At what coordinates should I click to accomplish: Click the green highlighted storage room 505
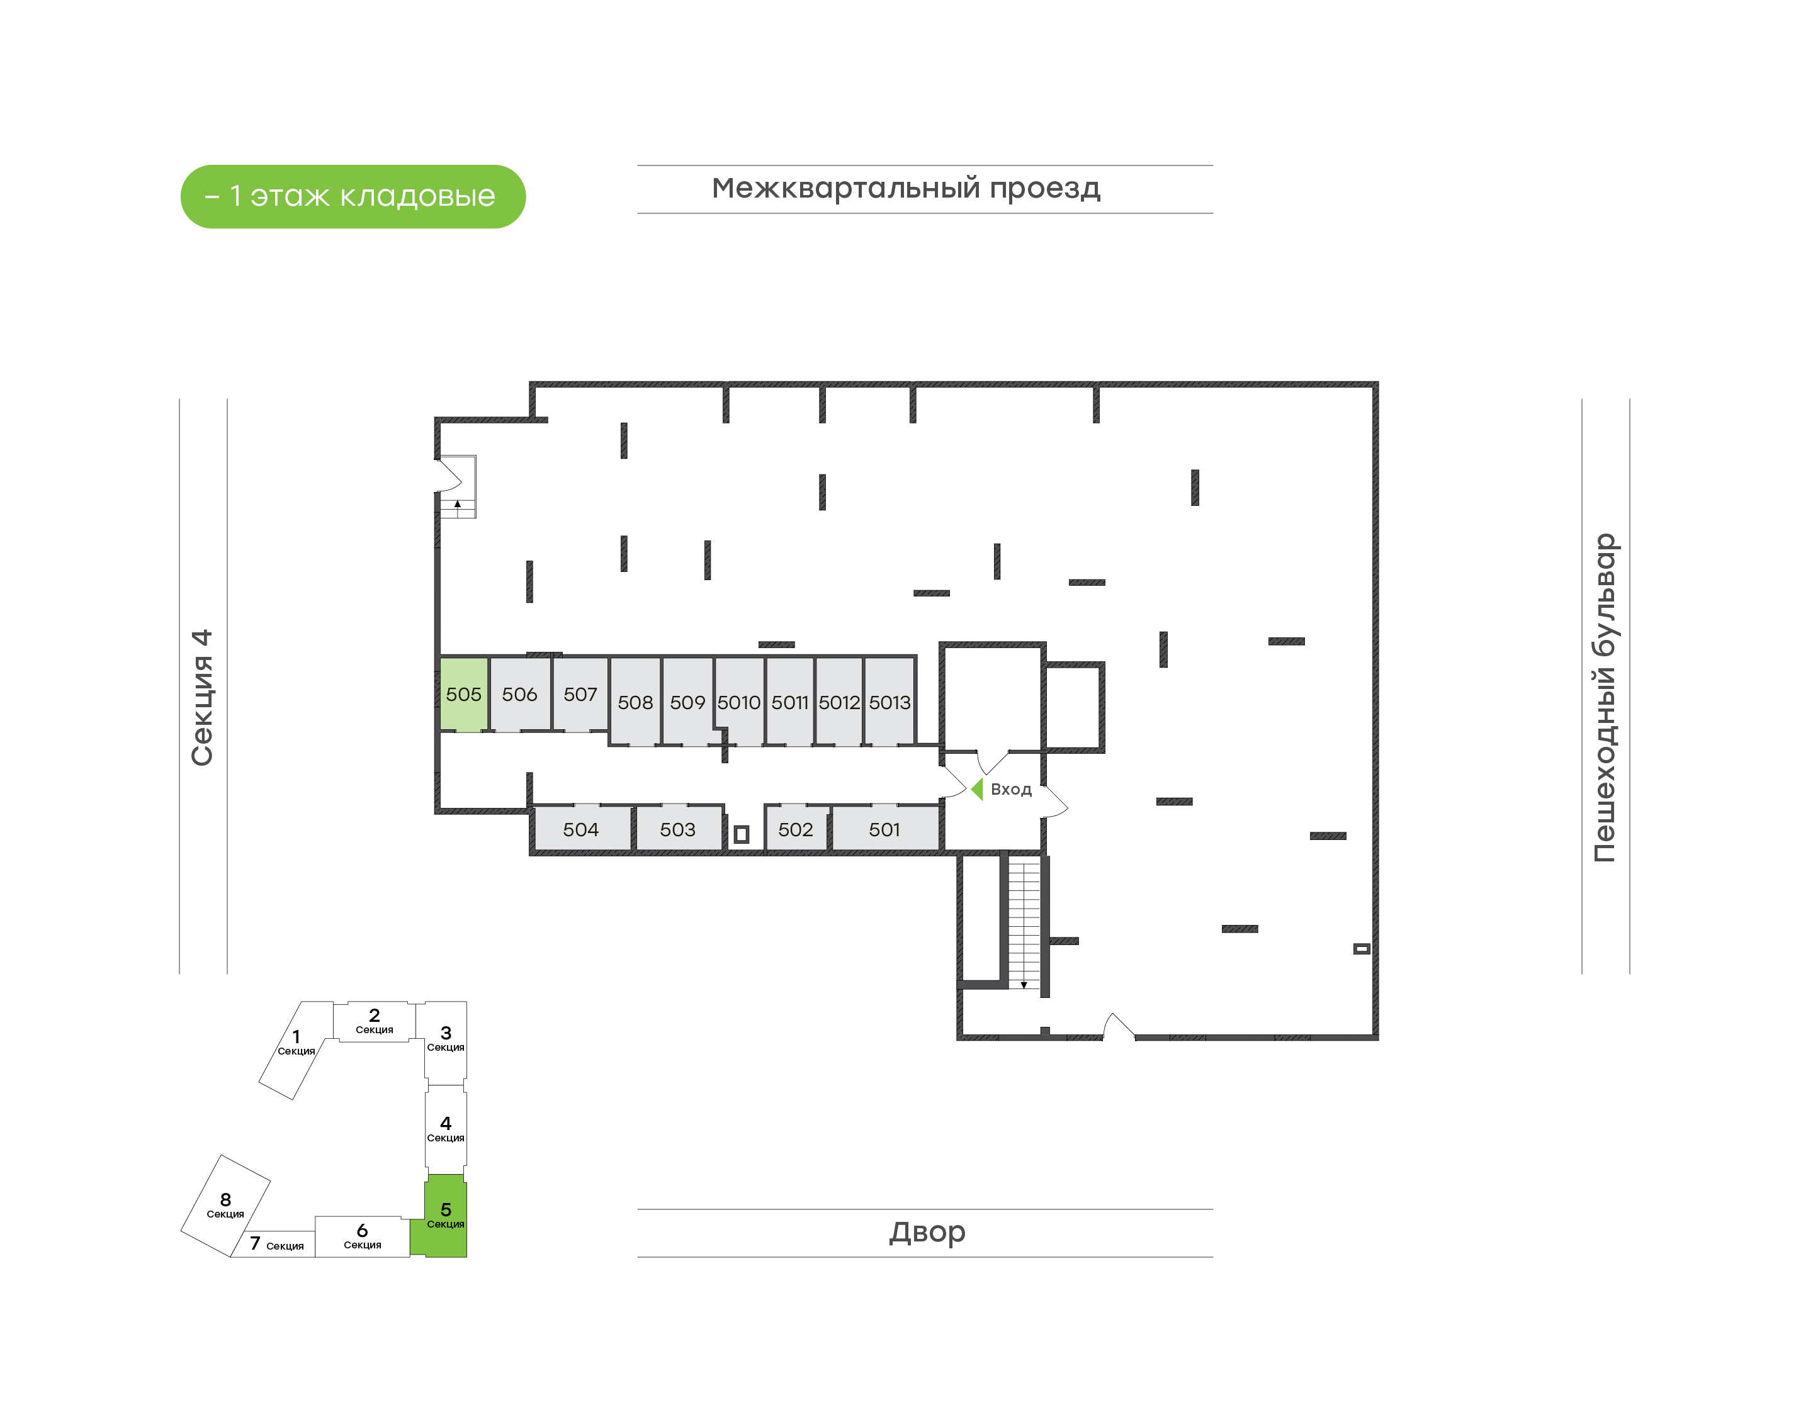(x=463, y=695)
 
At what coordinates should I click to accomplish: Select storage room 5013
(x=890, y=701)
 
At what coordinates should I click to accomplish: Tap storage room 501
(x=885, y=829)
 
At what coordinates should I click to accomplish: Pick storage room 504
(x=581, y=829)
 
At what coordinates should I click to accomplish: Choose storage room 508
(x=635, y=701)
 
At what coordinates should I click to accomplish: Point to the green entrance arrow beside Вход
(x=977, y=788)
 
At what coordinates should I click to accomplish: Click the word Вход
(x=1011, y=789)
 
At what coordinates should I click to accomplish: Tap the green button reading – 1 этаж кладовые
(x=353, y=196)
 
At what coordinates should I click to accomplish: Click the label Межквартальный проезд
(x=906, y=188)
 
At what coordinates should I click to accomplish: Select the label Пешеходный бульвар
(x=1605, y=698)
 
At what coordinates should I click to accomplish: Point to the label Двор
(x=927, y=1232)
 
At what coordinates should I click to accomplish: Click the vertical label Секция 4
(x=202, y=698)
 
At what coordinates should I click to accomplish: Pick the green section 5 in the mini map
(x=446, y=1216)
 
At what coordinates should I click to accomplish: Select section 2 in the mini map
(x=375, y=1021)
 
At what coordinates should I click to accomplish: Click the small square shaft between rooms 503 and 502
(x=741, y=834)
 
